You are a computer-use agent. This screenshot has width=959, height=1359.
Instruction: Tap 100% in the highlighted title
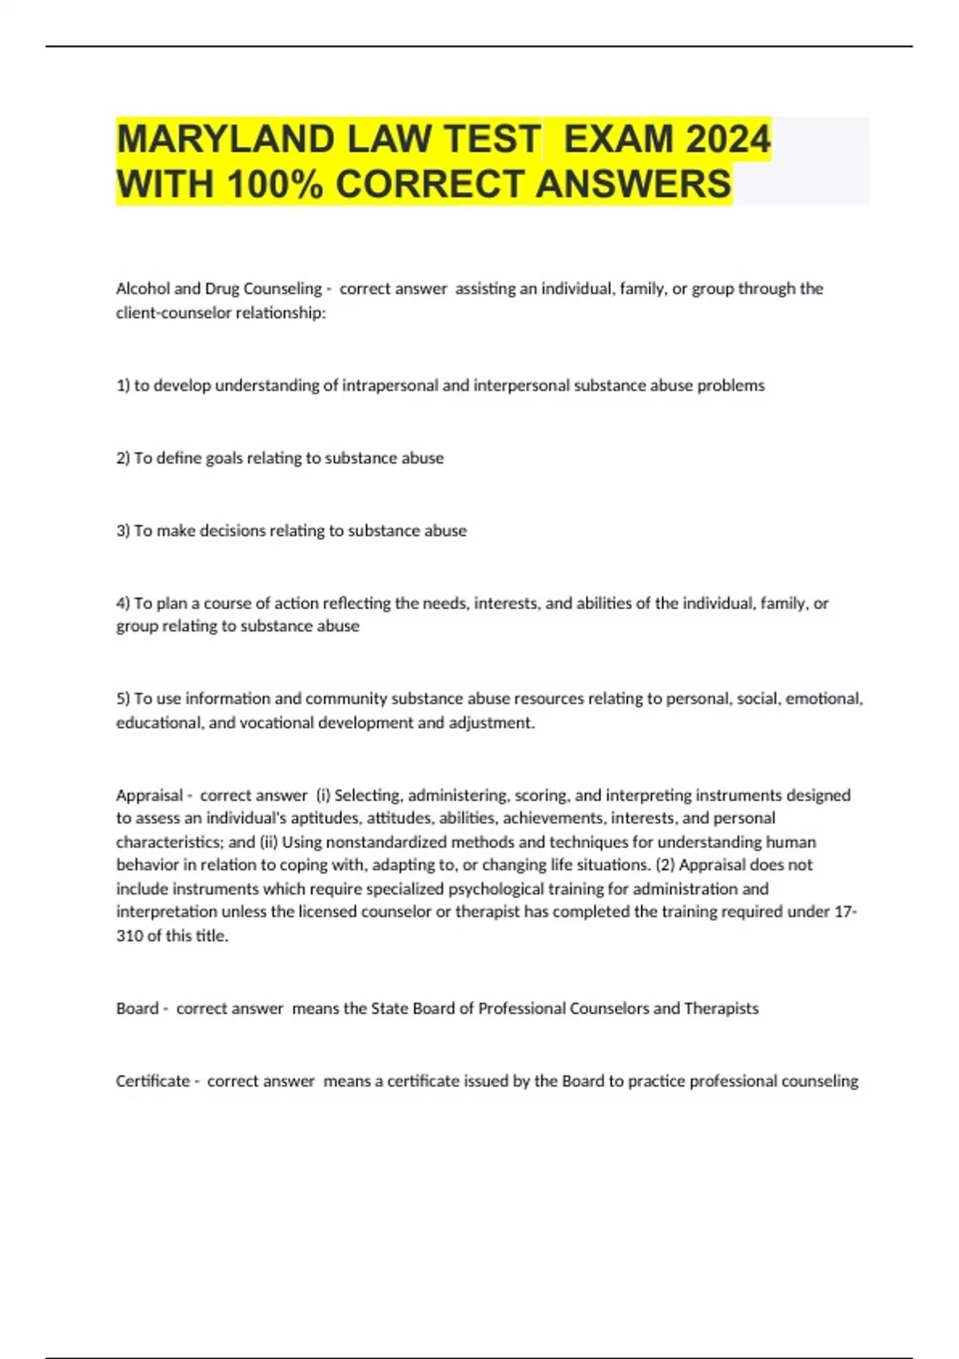pos(275,184)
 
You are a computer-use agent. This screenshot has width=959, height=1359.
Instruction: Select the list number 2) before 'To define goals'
pos(123,458)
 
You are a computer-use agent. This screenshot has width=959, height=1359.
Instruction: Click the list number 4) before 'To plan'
pos(123,604)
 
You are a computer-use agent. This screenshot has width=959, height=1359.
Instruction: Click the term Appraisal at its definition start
pos(149,795)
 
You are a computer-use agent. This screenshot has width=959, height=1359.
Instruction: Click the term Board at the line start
pos(137,1009)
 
